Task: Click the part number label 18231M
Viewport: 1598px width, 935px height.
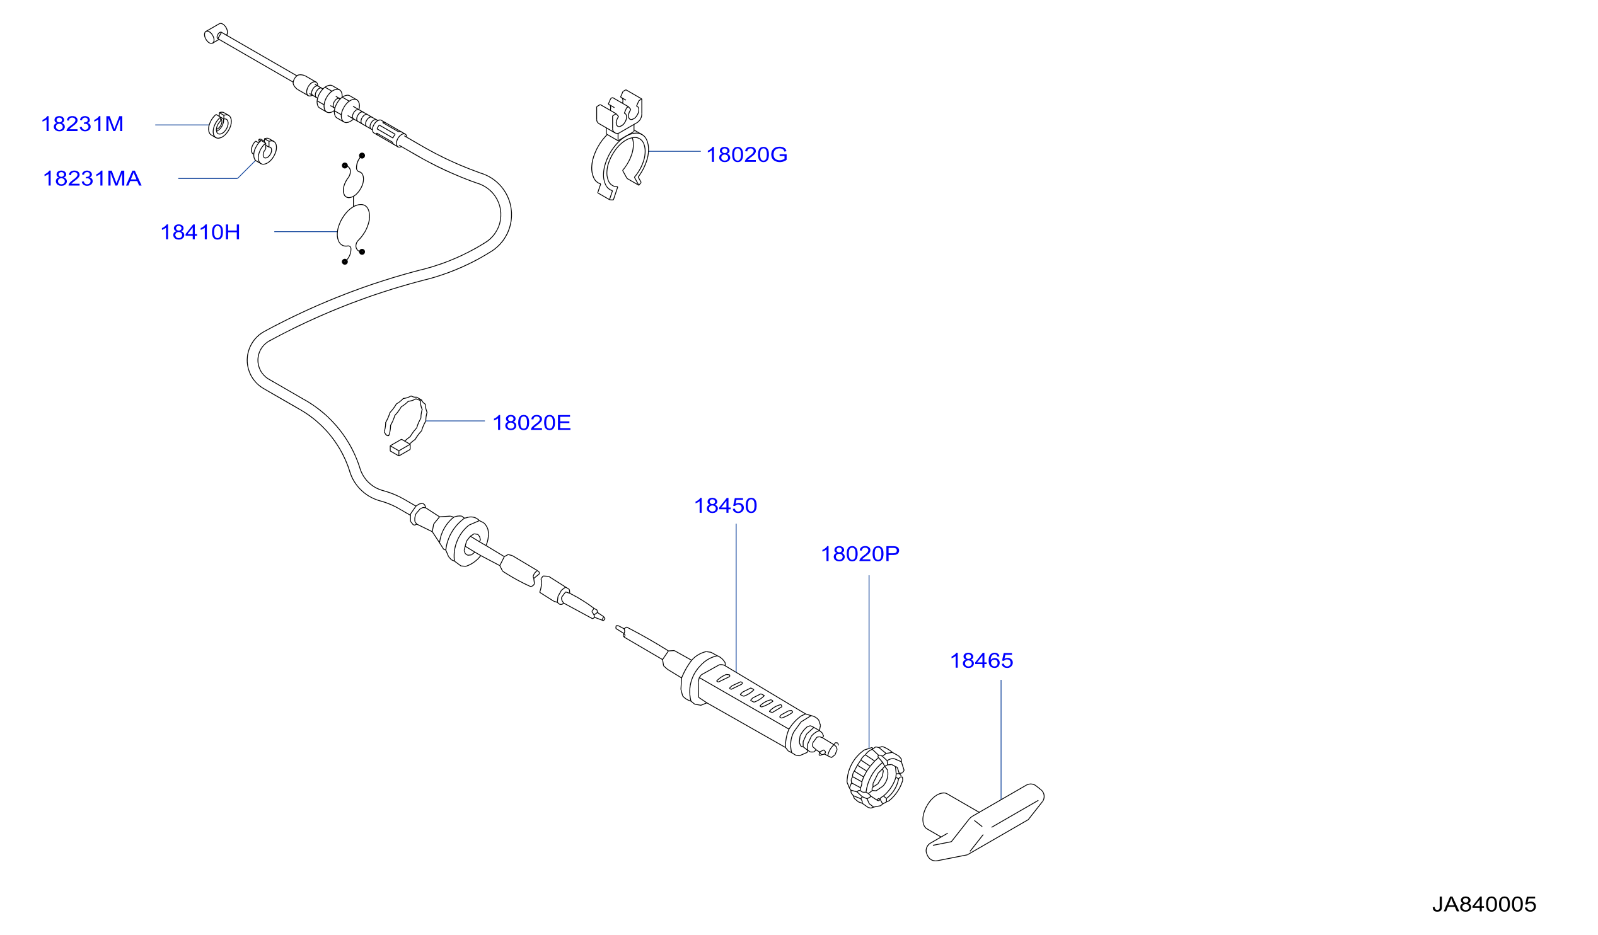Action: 83,124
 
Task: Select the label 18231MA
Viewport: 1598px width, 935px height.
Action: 92,179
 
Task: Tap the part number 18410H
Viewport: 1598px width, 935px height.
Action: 200,232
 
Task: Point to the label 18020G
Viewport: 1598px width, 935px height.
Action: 746,154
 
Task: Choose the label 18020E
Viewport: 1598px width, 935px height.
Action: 531,423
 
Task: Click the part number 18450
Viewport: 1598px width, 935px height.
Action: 726,506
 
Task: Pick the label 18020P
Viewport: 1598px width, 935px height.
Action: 860,554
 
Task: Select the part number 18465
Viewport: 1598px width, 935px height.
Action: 981,660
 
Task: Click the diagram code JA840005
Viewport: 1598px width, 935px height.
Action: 1484,904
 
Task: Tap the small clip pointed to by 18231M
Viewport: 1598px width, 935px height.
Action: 219,125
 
